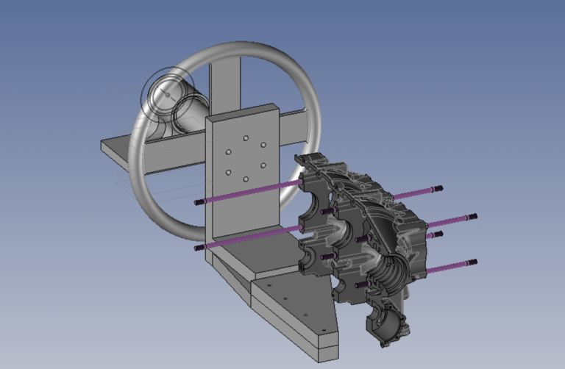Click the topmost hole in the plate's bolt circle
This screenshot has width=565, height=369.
pyautogui.click(x=244, y=137)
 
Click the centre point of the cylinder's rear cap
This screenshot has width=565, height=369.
pyautogui.click(x=166, y=95)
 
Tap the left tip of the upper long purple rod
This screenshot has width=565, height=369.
pyautogui.click(x=198, y=202)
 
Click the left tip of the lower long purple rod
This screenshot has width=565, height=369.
pyautogui.click(x=198, y=248)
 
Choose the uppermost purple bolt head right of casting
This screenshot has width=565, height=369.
pyautogui.click(x=439, y=188)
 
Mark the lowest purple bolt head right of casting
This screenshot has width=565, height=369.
pyautogui.click(x=472, y=262)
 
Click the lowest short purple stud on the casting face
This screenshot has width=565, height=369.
pyautogui.click(x=358, y=284)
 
